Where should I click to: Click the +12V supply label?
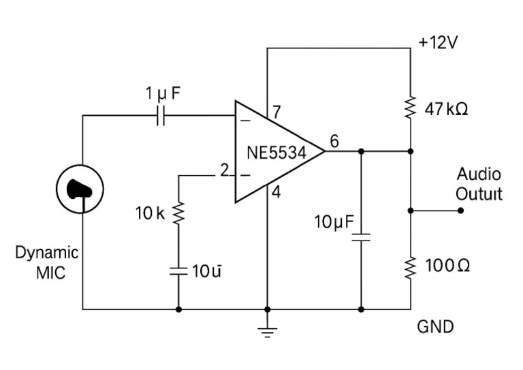click(439, 42)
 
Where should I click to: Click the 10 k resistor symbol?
click(178, 214)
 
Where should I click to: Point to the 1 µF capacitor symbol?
click(161, 116)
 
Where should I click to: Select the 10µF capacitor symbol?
click(361, 238)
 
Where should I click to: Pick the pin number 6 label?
click(334, 141)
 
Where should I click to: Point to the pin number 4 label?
click(276, 193)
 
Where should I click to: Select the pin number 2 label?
click(223, 170)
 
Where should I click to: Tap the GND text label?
click(435, 327)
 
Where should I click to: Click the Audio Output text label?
click(479, 183)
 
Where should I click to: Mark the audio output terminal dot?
click(460, 211)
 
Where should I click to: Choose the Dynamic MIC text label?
click(47, 263)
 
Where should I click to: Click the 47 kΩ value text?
click(446, 109)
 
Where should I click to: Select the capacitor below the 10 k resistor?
click(178, 271)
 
